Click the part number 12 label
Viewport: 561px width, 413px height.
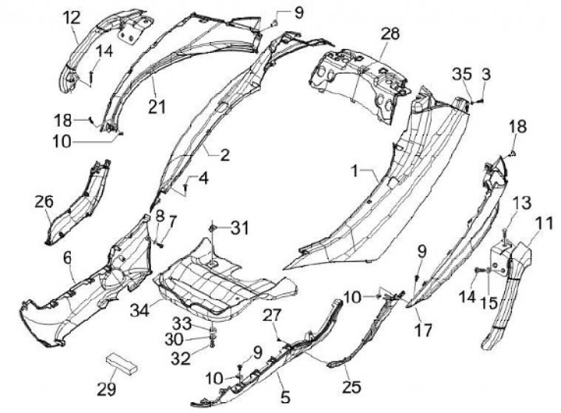click(72, 17)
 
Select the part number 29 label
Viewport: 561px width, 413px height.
click(107, 388)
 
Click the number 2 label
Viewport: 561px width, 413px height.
click(224, 155)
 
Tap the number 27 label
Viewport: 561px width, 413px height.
click(270, 316)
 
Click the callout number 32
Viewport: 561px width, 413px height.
click(181, 358)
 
